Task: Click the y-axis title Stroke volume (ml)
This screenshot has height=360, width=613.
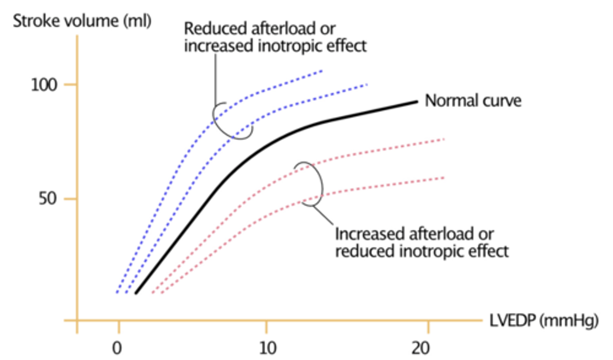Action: tap(82, 21)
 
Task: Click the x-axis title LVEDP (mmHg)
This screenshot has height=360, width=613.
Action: tap(544, 320)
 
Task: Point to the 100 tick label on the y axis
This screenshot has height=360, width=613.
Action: tap(44, 85)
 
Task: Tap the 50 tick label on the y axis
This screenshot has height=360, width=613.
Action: tap(48, 198)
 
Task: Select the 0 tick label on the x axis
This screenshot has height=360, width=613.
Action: tap(117, 348)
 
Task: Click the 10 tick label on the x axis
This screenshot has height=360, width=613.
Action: tap(267, 348)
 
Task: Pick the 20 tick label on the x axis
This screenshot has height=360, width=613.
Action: tap(420, 348)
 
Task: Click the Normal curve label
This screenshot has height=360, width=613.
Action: tap(473, 101)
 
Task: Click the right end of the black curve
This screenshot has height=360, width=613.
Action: tap(416, 102)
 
